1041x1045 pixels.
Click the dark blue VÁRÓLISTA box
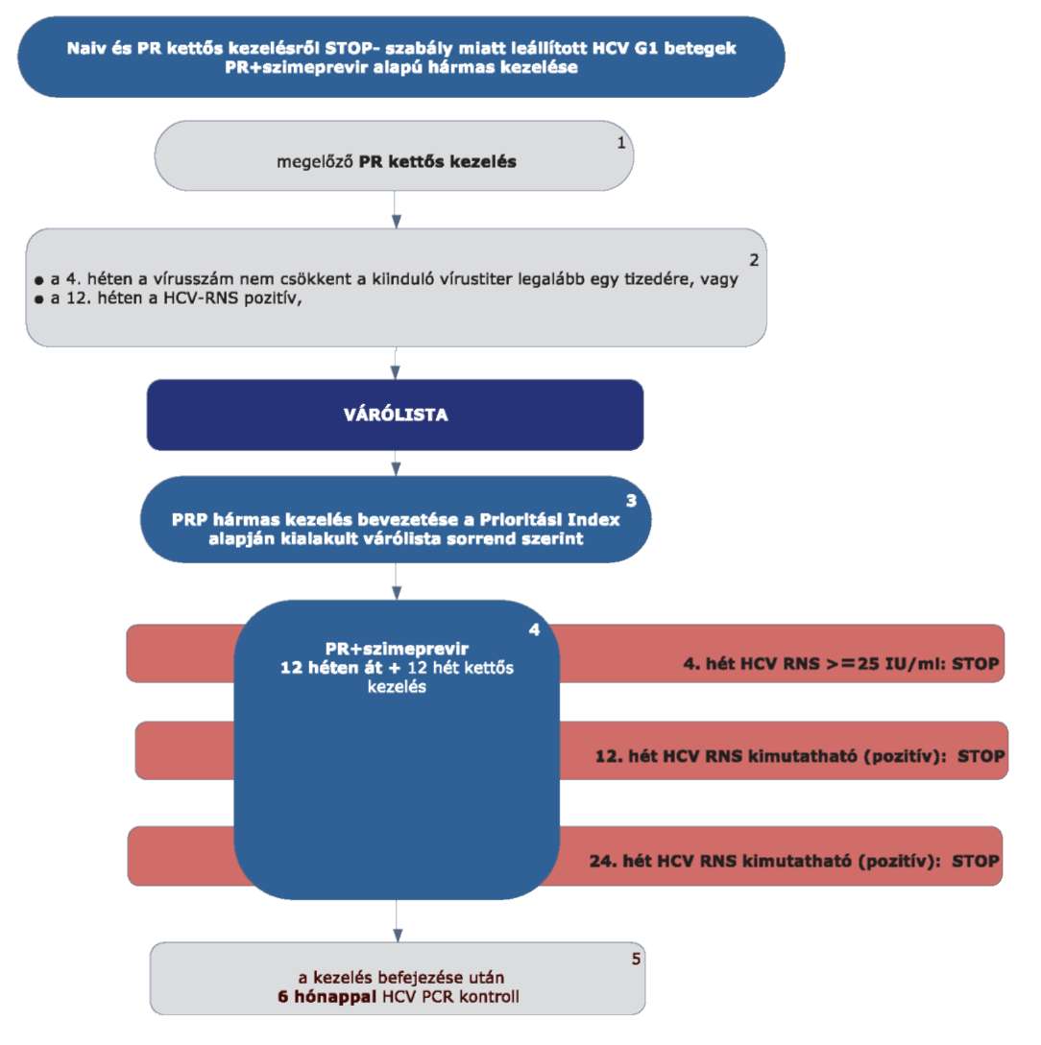point(395,415)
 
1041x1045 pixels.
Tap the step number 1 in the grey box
point(621,143)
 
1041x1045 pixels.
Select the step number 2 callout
point(754,260)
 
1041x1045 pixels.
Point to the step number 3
point(631,501)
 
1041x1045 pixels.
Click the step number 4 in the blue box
point(534,629)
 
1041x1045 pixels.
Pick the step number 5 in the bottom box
point(636,959)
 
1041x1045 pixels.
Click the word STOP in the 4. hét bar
point(976,664)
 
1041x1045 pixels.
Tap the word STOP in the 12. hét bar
point(981,756)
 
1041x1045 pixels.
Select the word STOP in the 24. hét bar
point(976,861)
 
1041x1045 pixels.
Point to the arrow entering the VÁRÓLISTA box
point(396,364)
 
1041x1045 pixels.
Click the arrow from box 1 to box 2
point(396,210)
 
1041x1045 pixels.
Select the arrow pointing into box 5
point(398,921)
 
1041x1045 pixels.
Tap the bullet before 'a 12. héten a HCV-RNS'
point(38,299)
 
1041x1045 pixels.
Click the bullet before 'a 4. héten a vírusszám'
point(38,280)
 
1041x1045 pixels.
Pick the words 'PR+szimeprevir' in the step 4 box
point(397,649)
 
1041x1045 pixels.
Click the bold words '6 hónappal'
point(327,997)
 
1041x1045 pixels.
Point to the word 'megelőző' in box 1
point(315,162)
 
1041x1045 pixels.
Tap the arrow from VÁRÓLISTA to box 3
point(396,463)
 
